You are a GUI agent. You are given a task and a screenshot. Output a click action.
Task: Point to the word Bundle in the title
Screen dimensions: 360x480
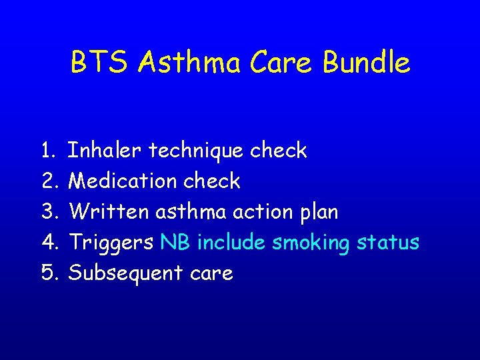pyautogui.click(x=367, y=63)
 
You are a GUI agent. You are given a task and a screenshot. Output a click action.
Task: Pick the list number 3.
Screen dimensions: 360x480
pyautogui.click(x=49, y=212)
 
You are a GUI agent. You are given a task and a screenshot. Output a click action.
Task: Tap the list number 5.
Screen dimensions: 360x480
pyautogui.click(x=49, y=273)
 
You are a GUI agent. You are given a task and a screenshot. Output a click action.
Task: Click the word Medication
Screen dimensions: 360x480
pyautogui.click(x=123, y=181)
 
